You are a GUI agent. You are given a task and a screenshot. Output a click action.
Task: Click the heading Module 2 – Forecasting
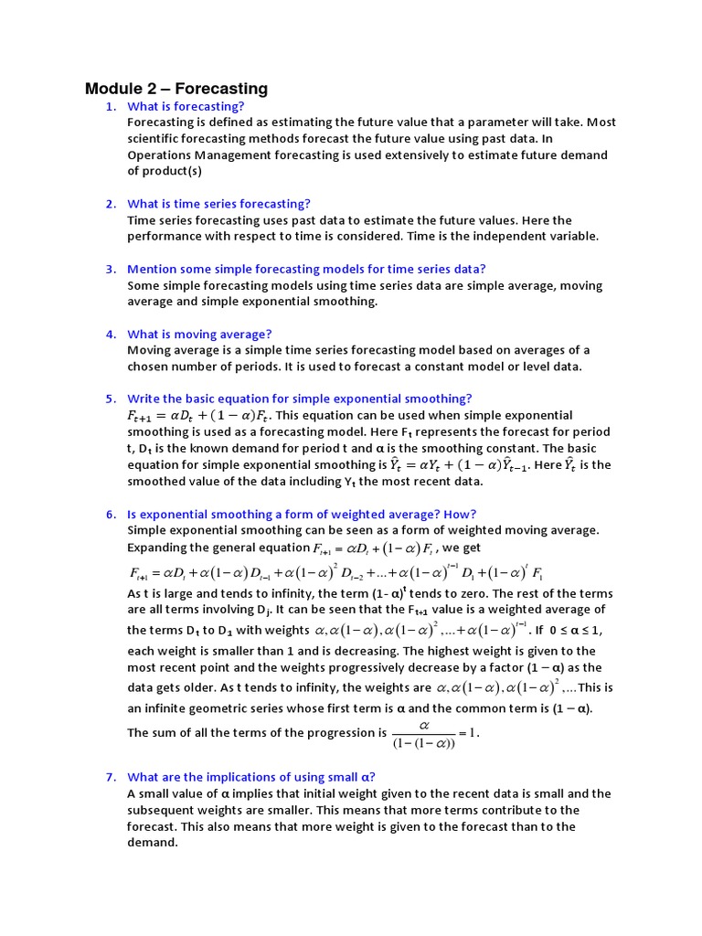tap(176, 89)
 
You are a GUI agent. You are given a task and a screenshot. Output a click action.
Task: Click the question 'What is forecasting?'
tap(186, 106)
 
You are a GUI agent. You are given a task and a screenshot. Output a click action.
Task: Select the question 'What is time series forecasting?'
tap(218, 203)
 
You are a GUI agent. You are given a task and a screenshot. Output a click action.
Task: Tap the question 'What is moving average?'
tap(199, 334)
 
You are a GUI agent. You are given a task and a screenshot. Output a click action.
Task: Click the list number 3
tap(110, 269)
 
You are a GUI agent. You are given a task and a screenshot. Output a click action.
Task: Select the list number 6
tap(110, 514)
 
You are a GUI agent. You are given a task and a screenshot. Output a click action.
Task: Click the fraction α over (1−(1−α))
tap(423, 732)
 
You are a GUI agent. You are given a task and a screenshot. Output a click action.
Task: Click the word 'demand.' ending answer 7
tap(152, 842)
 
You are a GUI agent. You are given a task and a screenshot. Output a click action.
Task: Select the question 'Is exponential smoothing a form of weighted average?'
tap(302, 514)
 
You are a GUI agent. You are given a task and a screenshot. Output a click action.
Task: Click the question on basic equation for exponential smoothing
tap(299, 399)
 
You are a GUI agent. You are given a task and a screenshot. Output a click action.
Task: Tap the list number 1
tap(110, 106)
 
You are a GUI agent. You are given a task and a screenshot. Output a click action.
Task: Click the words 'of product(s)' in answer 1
tap(165, 170)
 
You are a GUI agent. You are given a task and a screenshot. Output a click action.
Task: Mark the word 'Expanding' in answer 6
tap(158, 547)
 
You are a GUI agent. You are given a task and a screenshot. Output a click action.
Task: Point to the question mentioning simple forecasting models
tap(306, 269)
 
